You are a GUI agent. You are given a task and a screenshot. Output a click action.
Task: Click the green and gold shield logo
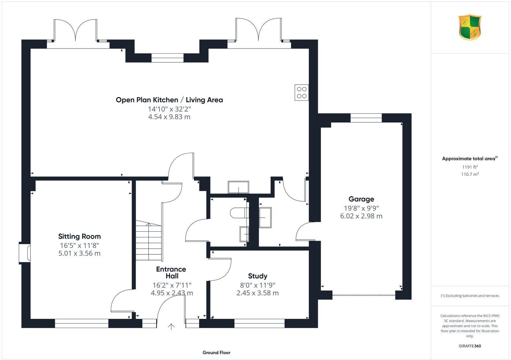[x=470, y=27]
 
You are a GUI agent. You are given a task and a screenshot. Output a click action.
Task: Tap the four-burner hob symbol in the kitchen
[x=302, y=93]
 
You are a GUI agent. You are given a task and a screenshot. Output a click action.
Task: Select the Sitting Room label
[x=80, y=236]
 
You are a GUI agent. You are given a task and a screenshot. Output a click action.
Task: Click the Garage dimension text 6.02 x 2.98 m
[x=361, y=216]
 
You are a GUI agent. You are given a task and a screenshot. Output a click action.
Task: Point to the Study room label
[x=258, y=276]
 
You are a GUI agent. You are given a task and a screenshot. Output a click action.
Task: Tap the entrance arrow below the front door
[x=171, y=326]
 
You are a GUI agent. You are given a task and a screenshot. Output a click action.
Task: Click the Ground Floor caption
[x=216, y=353]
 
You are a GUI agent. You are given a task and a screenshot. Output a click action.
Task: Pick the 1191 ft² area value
[x=470, y=167]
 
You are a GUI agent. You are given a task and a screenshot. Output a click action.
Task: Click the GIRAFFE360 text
[x=470, y=346]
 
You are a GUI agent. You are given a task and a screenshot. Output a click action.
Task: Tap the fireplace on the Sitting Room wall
[x=25, y=253]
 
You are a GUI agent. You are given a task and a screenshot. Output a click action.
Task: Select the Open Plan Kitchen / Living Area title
[x=169, y=100]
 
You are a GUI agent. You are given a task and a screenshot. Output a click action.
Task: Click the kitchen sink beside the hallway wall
[x=238, y=187]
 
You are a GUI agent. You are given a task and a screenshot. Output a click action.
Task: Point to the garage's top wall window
[x=366, y=118]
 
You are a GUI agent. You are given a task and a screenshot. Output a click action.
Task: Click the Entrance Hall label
[x=171, y=273]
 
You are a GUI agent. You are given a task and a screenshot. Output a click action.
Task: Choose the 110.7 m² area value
[x=470, y=174]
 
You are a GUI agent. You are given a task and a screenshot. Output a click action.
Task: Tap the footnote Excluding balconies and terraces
[x=470, y=296]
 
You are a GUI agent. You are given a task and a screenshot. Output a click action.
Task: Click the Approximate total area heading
[x=469, y=159]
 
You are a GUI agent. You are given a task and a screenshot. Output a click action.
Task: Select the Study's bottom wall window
[x=259, y=323]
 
